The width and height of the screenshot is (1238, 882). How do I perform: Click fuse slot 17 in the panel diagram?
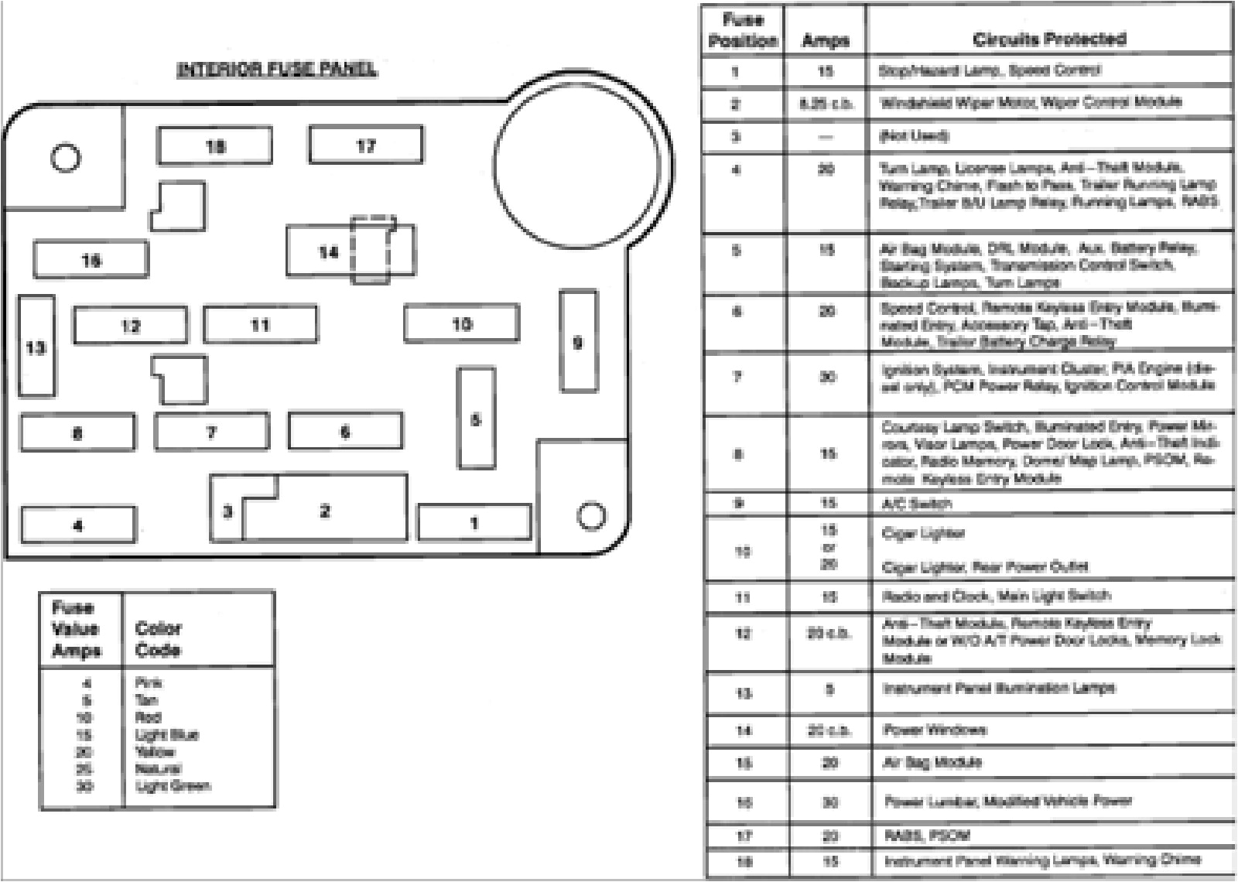[365, 145]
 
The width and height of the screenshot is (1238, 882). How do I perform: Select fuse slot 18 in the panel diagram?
[214, 145]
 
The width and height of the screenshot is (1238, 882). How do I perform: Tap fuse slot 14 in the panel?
[329, 251]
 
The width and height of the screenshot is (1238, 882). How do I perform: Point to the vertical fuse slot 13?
[36, 347]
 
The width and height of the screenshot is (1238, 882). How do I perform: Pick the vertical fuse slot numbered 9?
[578, 341]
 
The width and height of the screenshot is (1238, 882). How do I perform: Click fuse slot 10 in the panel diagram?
[461, 323]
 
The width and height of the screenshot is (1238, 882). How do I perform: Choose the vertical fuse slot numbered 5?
[476, 419]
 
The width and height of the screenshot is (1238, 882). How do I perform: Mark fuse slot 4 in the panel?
[77, 525]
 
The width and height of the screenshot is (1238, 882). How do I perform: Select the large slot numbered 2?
[325, 511]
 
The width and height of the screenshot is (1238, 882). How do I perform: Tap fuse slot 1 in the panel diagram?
[474, 523]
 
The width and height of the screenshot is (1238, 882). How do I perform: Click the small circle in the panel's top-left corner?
[65, 158]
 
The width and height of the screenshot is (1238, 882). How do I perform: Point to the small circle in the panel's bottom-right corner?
[591, 515]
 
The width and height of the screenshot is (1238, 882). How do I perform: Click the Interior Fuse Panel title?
[277, 70]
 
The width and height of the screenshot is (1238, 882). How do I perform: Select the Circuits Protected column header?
[1049, 39]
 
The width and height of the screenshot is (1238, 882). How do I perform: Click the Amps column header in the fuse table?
[825, 40]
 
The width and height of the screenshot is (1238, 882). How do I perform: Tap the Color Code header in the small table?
[158, 639]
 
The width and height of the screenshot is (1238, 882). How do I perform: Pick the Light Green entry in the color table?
[172, 786]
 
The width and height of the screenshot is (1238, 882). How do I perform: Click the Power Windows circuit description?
[935, 730]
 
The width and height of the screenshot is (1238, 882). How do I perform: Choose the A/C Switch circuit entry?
[917, 504]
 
